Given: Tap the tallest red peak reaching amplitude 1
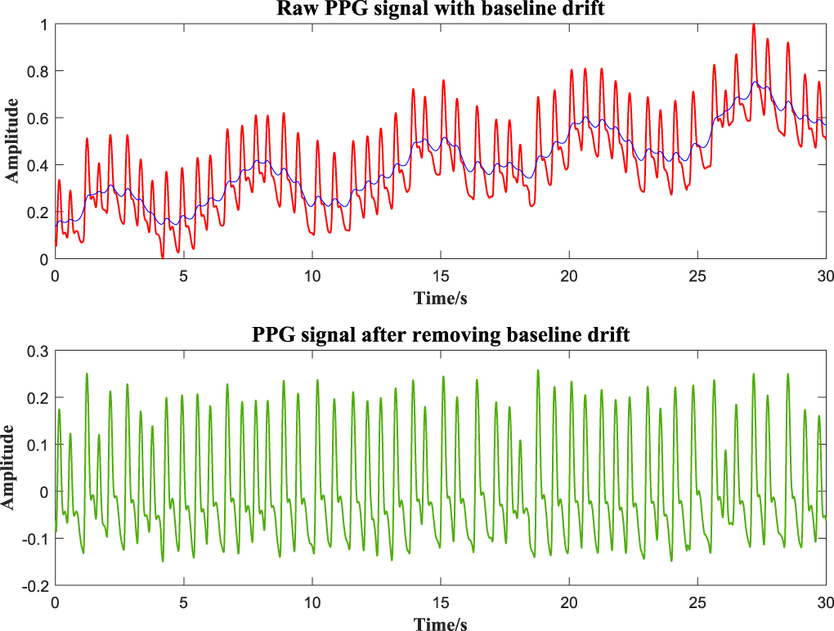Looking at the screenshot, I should coord(753,25).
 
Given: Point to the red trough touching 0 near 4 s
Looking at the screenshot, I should coord(163,257).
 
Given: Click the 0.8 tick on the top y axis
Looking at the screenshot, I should coord(39,71).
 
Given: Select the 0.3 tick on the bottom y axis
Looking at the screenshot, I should coord(39,351).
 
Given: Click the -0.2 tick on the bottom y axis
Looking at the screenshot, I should coord(37,586).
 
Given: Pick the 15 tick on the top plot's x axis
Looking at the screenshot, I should coord(440,275).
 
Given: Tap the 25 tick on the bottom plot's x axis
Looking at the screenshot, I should coord(697,602).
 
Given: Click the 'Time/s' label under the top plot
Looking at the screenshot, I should coord(440,296).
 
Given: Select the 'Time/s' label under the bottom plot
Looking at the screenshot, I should coord(440,624).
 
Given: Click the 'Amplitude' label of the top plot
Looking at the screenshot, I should coord(11,141).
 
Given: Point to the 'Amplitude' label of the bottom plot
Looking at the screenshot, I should coord(11,468).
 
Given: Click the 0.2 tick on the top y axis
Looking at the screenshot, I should coord(39,213).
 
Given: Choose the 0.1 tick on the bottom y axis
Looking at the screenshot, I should coord(39,445).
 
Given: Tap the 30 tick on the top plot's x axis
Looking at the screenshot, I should coord(824,275).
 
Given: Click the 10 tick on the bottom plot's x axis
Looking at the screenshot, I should coord(312,602).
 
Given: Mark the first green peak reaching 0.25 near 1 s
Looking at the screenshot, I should coord(87,374).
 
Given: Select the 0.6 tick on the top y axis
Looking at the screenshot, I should coord(39,119).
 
